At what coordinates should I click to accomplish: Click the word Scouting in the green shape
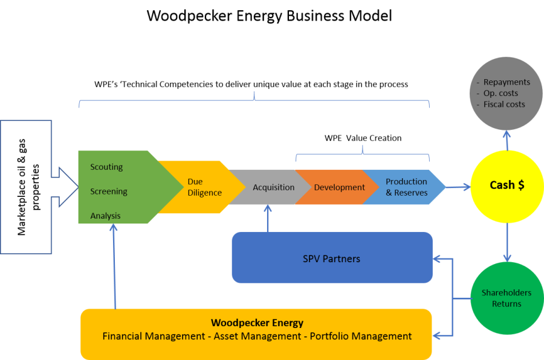coord(106,167)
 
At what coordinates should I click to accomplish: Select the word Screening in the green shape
coord(109,191)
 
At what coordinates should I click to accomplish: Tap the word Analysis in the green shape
coord(105,216)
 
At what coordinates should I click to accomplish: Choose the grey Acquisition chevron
coord(273,187)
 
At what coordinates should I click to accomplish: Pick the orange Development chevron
coord(339,187)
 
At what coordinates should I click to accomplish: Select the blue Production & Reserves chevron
coord(406,187)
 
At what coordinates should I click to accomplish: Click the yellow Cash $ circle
coord(507,185)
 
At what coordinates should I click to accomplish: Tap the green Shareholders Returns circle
coord(507,298)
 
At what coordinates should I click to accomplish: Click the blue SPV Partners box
coord(332,259)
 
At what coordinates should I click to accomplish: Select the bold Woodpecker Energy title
coord(257,323)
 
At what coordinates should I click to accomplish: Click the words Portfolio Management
coord(361,336)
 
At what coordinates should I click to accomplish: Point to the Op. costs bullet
coord(500,94)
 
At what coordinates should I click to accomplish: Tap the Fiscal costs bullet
coord(504,104)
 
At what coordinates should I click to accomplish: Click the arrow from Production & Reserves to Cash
coord(458,187)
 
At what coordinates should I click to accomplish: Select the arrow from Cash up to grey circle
coord(507,141)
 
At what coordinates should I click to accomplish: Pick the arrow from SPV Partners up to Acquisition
coord(268,219)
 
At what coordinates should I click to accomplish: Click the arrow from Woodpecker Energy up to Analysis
coord(114,266)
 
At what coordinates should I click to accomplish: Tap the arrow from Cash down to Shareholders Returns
coord(507,242)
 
